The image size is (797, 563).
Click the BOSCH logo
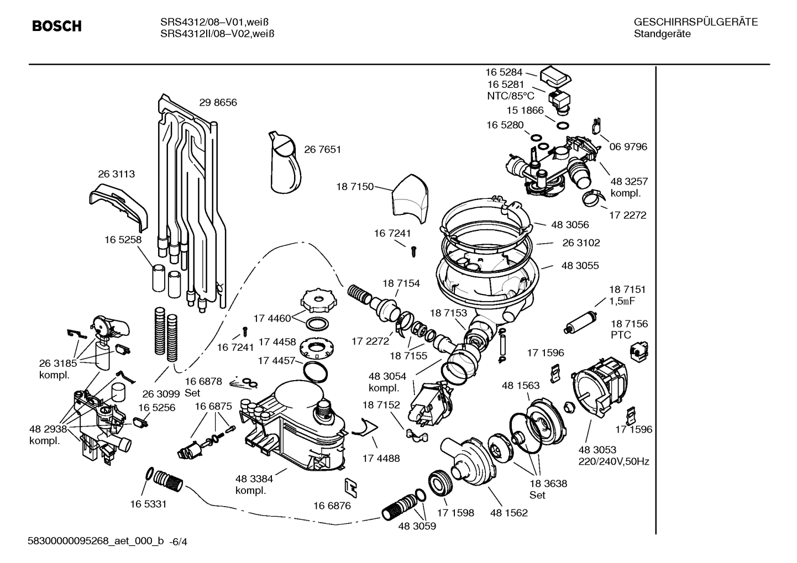pyautogui.click(x=56, y=26)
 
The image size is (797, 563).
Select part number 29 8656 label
pyautogui.click(x=218, y=102)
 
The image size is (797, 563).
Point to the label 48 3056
pyautogui.click(x=570, y=224)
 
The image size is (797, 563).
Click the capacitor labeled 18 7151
pyautogui.click(x=578, y=323)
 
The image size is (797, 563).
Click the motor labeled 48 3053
pyautogui.click(x=600, y=387)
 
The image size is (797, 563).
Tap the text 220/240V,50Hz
pyautogui.click(x=613, y=461)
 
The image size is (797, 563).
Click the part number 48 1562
pyautogui.click(x=508, y=513)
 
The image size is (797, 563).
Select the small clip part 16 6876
pyautogui.click(x=350, y=486)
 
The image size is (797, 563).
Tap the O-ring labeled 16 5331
pyautogui.click(x=149, y=474)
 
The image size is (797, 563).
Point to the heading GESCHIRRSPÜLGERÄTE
pyautogui.click(x=695, y=23)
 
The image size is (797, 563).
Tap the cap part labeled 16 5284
pyautogui.click(x=556, y=75)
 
